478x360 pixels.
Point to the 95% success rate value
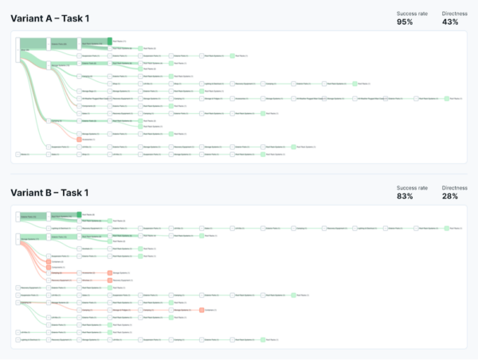click(x=405, y=22)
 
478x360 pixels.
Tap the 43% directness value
click(x=450, y=22)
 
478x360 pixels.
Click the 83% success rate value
click(x=404, y=197)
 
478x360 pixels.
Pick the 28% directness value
click(x=450, y=197)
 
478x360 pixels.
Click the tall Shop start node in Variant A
click(x=18, y=49)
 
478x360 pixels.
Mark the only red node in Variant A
click(x=79, y=139)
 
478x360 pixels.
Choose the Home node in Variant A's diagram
click(x=18, y=154)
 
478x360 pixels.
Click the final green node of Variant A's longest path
click(x=446, y=98)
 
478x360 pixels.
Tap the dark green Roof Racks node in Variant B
click(x=79, y=214)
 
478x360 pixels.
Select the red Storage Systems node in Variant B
click(x=110, y=273)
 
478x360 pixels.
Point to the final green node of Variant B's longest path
click(x=446, y=227)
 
